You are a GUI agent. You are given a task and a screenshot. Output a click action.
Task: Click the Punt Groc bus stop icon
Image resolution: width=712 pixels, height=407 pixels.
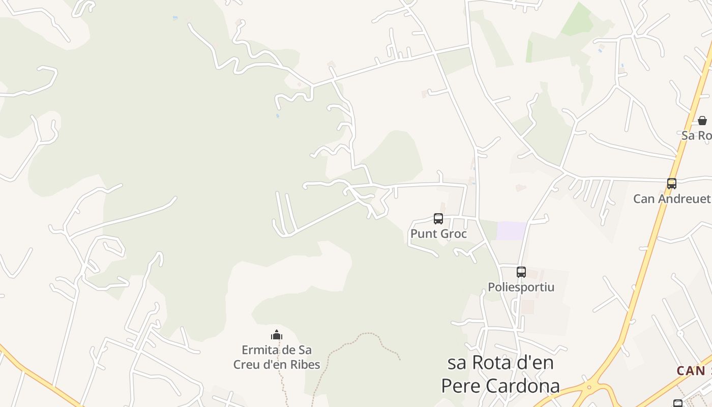click(x=438, y=219)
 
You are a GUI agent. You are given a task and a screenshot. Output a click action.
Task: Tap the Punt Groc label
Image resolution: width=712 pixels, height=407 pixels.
click(x=438, y=234)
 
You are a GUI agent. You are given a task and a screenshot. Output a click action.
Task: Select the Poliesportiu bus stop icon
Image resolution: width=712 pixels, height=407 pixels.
click(x=521, y=272)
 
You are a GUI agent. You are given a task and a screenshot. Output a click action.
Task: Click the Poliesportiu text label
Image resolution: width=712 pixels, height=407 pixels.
click(x=521, y=287)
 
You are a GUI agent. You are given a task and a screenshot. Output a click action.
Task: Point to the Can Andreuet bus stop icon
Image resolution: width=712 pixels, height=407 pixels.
click(x=672, y=184)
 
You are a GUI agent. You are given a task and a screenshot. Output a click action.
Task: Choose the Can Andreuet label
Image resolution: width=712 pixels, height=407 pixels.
click(x=671, y=198)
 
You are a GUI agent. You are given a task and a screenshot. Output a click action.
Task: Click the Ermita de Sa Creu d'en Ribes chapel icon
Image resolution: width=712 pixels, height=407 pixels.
click(x=277, y=335)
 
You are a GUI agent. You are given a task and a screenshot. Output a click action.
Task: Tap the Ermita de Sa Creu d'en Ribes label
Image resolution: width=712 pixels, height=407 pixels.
click(x=277, y=357)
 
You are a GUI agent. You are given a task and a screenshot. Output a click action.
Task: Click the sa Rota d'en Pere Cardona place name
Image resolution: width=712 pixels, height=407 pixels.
click(x=500, y=374)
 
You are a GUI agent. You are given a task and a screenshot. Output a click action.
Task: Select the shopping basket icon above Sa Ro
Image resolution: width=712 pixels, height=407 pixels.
click(x=702, y=121)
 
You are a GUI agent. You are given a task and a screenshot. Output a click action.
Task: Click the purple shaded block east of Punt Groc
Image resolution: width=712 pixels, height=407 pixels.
click(x=511, y=230)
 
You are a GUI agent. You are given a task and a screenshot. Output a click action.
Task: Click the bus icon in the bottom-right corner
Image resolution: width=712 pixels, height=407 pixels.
click(x=678, y=403)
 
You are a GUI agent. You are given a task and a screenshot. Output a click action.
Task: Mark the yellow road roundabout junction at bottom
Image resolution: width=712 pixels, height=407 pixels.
click(x=589, y=388)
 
